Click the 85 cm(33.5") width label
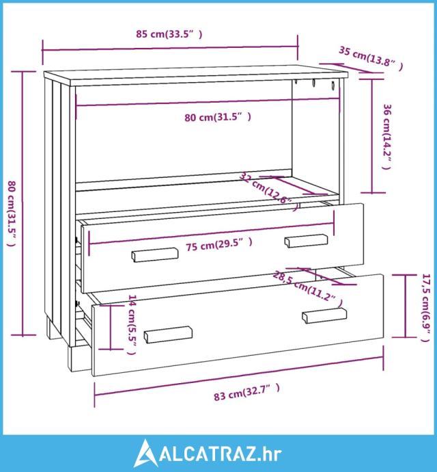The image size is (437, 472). coord(169,34)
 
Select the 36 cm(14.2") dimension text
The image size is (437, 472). coord(387,137)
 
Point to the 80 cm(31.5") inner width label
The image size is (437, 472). coord(218,117)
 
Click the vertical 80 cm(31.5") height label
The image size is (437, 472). coord(12,213)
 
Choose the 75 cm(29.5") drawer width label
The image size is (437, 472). coord(219,244)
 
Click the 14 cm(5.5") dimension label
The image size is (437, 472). coord(132,324)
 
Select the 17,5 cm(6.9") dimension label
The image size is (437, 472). coord(426,308)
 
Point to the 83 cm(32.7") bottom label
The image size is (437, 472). coord(246,392)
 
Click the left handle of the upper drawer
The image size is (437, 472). coord(155,255)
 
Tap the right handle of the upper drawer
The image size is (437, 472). coord(307,241)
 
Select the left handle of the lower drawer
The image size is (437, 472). coord(168,335)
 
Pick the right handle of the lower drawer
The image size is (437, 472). coord(324,315)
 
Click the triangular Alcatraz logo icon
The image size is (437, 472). coord(146,453)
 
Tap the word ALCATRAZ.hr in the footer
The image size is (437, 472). coord(221,454)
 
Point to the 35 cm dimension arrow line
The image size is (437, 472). coord(351,68)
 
